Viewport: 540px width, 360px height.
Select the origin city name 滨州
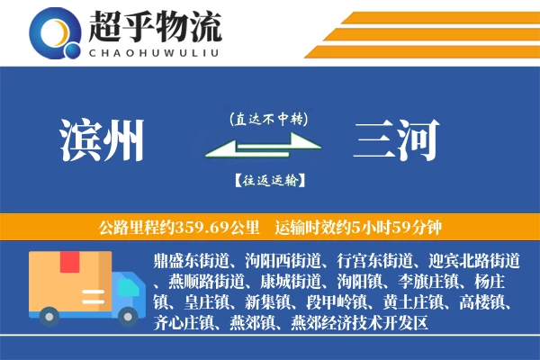(x=102, y=141)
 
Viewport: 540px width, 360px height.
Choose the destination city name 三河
(x=397, y=141)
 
